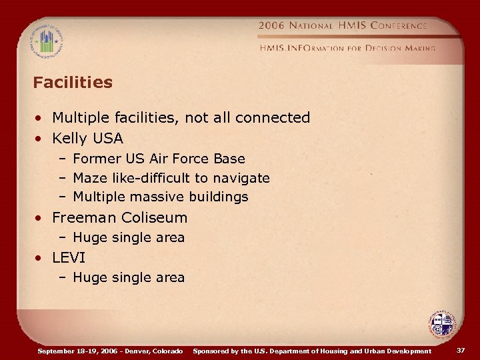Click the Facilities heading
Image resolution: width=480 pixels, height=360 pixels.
point(73,83)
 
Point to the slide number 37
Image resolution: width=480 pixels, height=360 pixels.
point(460,351)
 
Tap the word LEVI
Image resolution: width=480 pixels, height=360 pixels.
point(69,257)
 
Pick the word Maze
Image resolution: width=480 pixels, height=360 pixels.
point(88,178)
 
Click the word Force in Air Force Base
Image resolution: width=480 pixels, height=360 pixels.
point(191,159)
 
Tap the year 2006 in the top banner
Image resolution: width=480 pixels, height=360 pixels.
point(271,26)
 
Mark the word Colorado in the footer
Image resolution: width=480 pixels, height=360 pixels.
point(167,351)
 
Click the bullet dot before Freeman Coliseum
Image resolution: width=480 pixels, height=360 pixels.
point(41,218)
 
